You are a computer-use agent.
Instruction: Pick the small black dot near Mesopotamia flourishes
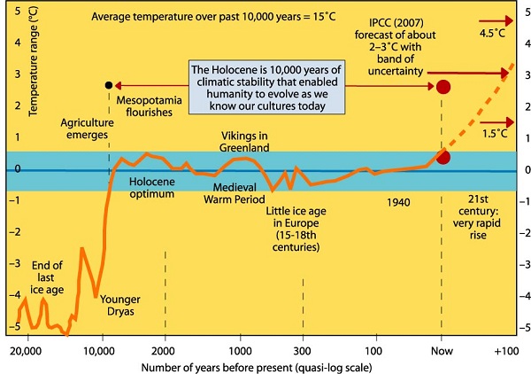tap(108, 85)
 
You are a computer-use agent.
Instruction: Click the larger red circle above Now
tap(443, 87)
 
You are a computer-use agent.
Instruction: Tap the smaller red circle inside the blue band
tap(443, 157)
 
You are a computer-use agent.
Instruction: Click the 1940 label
tap(400, 202)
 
